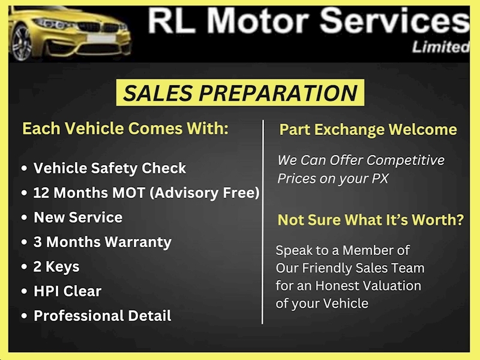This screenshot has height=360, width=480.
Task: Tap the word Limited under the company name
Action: click(x=440, y=47)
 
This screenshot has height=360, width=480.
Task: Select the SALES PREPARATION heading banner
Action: click(x=240, y=93)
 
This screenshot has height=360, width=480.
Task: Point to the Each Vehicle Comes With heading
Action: click(x=125, y=128)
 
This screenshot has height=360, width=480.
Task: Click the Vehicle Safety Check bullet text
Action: click(x=110, y=168)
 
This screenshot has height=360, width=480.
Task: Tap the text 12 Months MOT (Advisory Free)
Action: click(x=146, y=193)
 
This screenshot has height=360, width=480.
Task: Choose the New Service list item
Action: click(x=78, y=217)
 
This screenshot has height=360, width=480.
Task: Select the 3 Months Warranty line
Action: click(x=102, y=242)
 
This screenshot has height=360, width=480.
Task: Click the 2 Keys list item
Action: click(x=56, y=266)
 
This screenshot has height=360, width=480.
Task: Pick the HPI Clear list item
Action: click(x=67, y=291)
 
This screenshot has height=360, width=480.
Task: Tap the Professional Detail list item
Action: click(x=102, y=316)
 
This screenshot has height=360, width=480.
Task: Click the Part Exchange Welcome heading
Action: click(x=368, y=130)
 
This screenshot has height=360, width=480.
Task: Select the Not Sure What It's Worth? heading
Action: click(x=370, y=220)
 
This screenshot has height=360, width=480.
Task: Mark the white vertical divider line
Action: click(x=263, y=222)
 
